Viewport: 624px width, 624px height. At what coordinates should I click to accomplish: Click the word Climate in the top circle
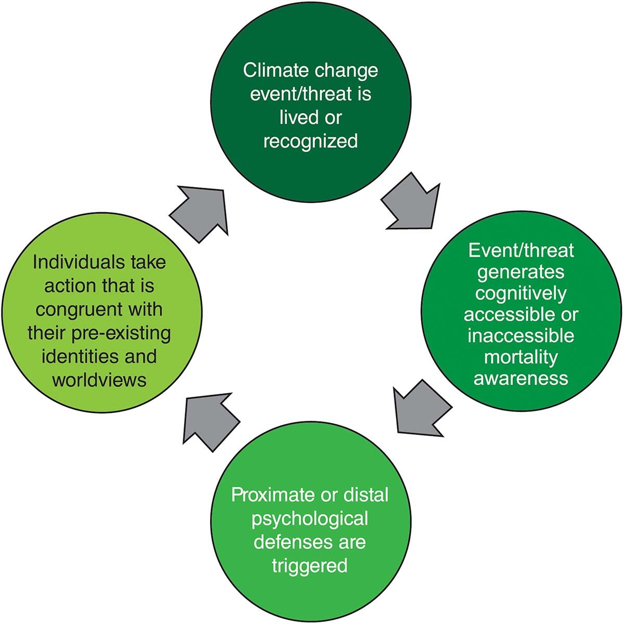(274, 70)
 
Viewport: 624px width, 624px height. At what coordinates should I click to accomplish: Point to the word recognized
(310, 141)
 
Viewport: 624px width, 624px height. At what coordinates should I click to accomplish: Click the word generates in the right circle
(521, 272)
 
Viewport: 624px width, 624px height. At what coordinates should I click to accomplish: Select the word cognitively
(521, 294)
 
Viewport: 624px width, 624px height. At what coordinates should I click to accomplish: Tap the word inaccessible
(521, 336)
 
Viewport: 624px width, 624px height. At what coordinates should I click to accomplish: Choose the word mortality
(521, 357)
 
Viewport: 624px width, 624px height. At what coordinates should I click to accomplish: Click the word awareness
(521, 378)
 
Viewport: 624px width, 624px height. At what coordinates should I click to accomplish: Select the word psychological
(310, 518)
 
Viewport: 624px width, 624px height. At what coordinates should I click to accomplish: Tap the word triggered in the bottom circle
(309, 565)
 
